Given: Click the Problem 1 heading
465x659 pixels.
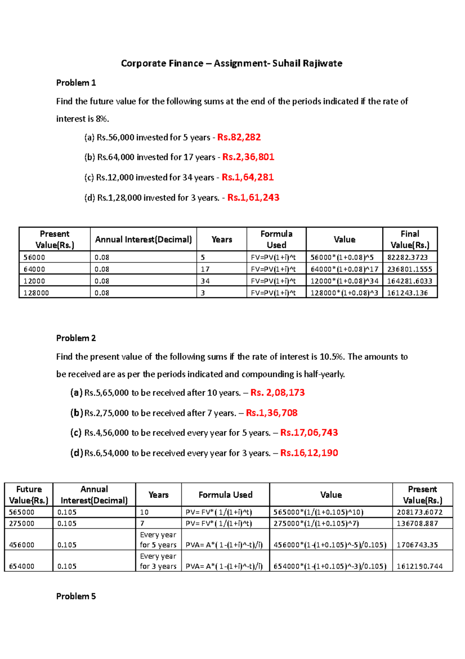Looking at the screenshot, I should click(x=76, y=83).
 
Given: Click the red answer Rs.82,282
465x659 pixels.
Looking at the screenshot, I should click(x=239, y=137).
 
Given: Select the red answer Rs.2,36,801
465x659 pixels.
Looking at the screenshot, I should click(x=248, y=157).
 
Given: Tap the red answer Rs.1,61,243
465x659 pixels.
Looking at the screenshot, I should click(x=253, y=198).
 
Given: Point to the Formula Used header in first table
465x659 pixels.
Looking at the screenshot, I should click(x=276, y=239).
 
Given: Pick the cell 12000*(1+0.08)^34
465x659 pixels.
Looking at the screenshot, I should click(x=344, y=281).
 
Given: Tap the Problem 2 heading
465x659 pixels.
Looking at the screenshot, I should click(x=76, y=338).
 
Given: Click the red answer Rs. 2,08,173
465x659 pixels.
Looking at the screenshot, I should click(x=277, y=392).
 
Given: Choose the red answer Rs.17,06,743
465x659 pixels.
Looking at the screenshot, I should click(x=309, y=432).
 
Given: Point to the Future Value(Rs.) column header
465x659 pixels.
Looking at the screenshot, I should click(x=29, y=494).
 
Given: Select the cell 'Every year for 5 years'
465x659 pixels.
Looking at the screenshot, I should click(x=158, y=540).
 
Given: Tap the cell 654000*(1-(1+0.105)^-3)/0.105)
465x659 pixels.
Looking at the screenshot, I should click(x=330, y=566).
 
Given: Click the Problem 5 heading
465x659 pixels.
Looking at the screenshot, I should click(x=76, y=596).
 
